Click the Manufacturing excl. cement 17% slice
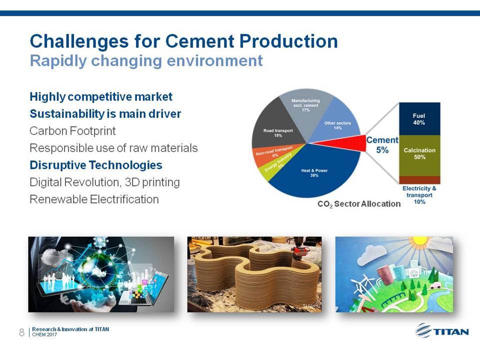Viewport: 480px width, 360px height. (x=305, y=105)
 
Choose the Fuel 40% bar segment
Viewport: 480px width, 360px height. (x=419, y=119)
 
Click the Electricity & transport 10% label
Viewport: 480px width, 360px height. (x=419, y=195)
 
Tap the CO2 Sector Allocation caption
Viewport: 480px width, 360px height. (x=359, y=204)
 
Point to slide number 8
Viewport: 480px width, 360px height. (x=21, y=332)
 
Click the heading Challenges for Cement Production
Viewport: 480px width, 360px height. (x=183, y=41)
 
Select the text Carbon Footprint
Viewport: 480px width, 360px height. (x=72, y=131)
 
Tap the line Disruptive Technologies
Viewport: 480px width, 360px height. (x=96, y=165)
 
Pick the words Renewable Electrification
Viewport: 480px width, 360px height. (x=94, y=199)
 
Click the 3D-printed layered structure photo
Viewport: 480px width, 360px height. (x=254, y=274)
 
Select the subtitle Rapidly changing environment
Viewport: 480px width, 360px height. (x=146, y=60)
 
